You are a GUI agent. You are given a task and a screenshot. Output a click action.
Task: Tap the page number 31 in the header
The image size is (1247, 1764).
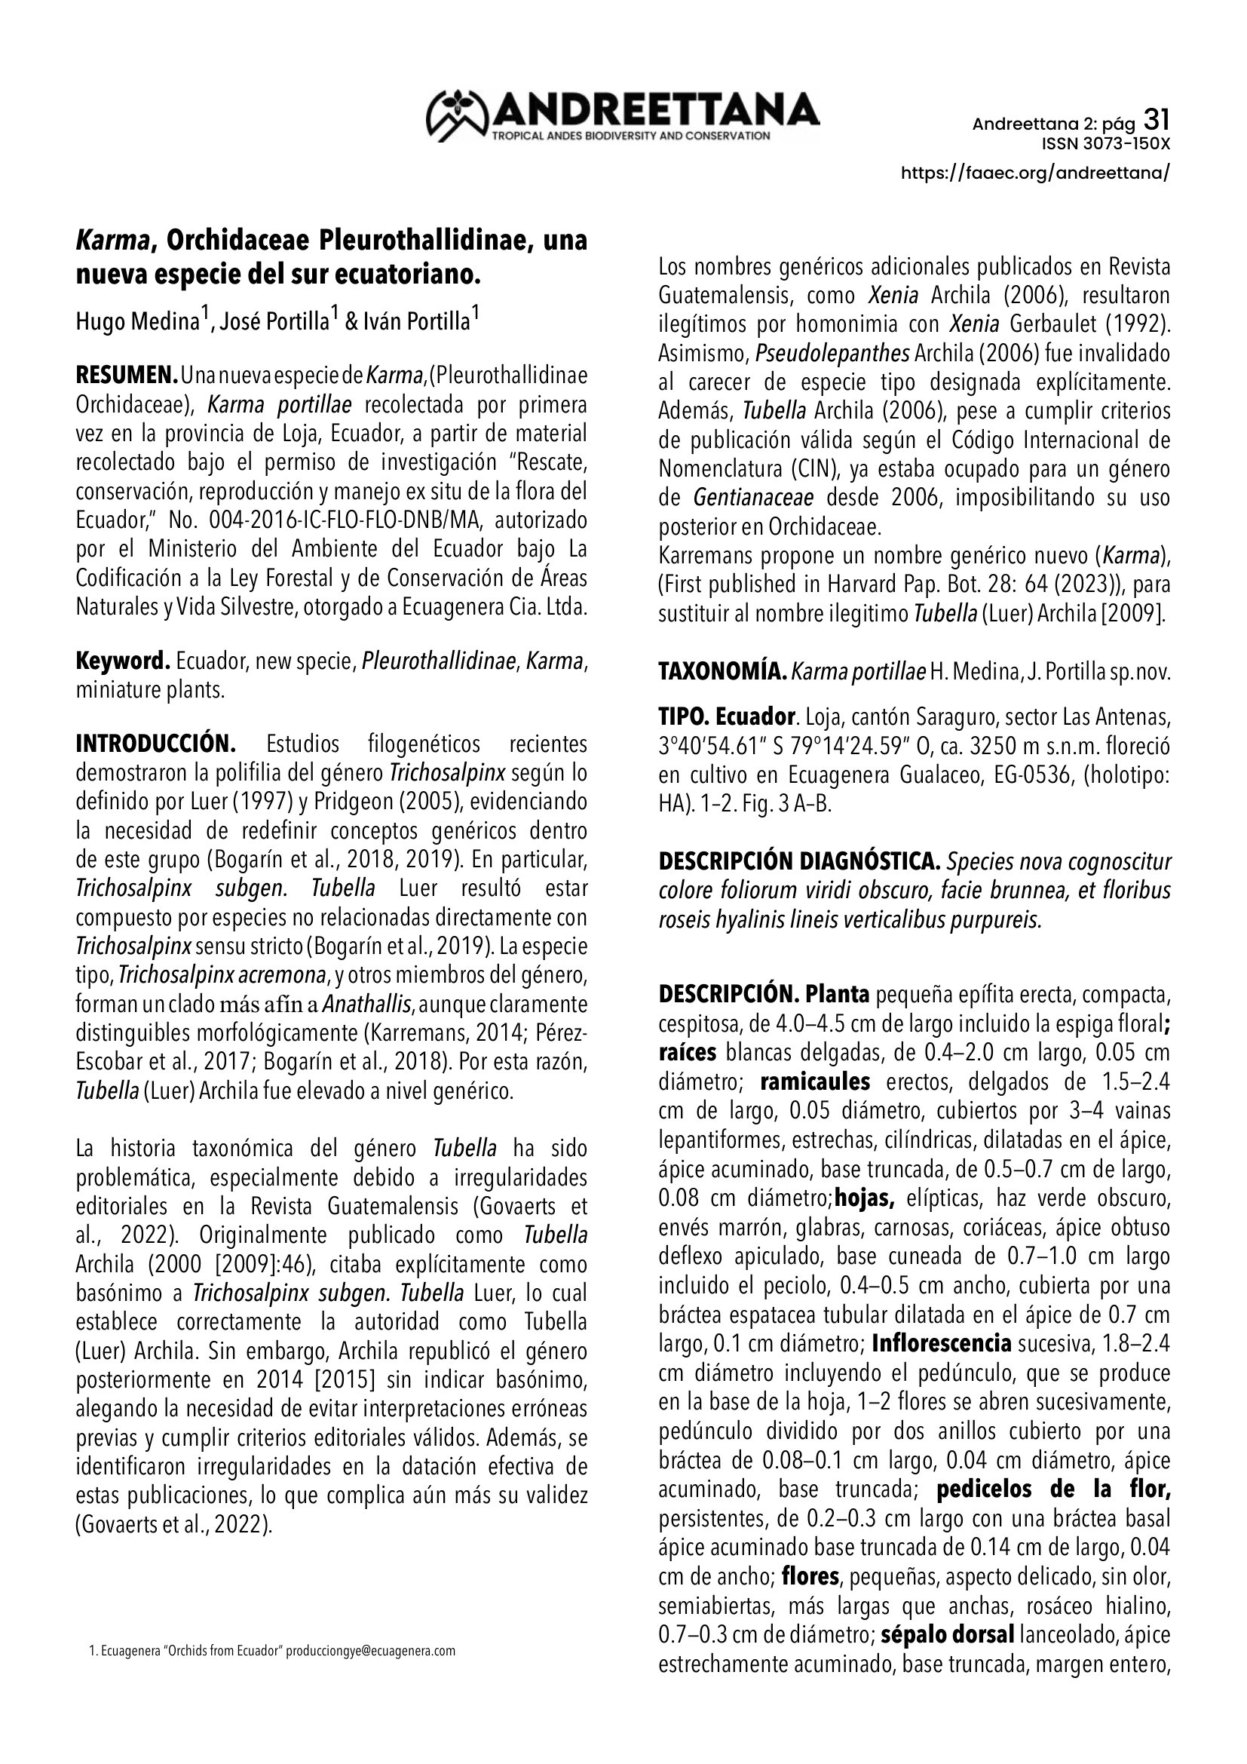1157,120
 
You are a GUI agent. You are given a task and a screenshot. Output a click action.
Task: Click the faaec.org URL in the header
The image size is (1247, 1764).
1035,173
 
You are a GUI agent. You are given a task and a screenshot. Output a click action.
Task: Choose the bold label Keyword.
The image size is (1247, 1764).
122,661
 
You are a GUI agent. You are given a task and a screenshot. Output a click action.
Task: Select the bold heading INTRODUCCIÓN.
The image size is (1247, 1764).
155,744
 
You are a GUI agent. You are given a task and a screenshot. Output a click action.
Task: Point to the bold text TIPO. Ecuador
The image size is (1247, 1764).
725,717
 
